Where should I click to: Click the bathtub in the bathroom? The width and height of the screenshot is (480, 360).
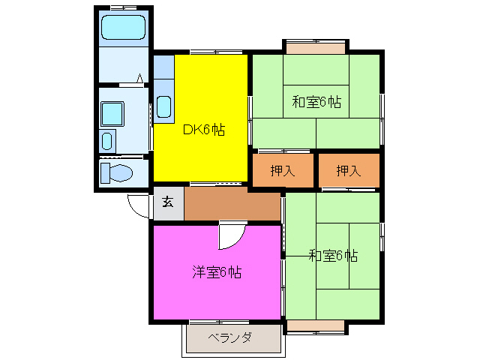point(124,28)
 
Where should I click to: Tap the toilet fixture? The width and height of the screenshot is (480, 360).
point(117,172)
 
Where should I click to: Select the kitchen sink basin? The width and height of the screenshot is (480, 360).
point(164,107)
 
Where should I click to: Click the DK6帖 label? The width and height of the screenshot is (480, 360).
point(203,129)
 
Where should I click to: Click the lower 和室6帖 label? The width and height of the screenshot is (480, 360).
point(332,256)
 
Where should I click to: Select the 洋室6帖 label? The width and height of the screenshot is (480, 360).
point(216,272)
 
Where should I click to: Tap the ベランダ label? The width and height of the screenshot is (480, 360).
point(230,337)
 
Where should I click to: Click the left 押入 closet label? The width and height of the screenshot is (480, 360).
point(283,171)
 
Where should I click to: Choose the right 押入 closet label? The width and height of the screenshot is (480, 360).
point(349,171)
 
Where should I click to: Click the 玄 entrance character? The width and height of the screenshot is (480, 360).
point(168,202)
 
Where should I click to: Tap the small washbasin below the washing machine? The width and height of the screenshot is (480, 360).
point(106,141)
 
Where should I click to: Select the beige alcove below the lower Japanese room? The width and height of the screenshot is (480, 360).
point(316,326)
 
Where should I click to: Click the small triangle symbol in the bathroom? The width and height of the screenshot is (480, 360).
point(140,76)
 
